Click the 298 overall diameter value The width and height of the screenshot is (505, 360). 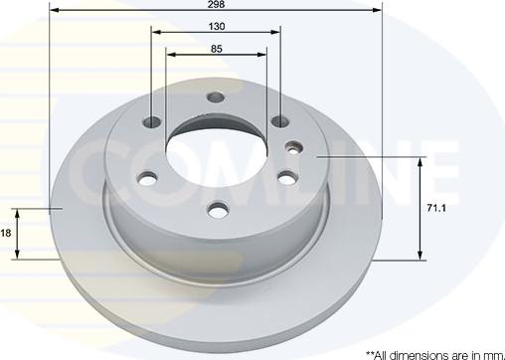click(x=216, y=5)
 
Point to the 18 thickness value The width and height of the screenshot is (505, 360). click(x=5, y=232)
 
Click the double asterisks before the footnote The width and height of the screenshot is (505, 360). click(x=373, y=352)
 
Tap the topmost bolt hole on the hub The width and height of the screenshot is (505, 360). click(x=216, y=97)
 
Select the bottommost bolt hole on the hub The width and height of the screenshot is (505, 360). click(x=216, y=210)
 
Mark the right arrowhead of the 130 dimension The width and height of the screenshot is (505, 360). click(x=277, y=31)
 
